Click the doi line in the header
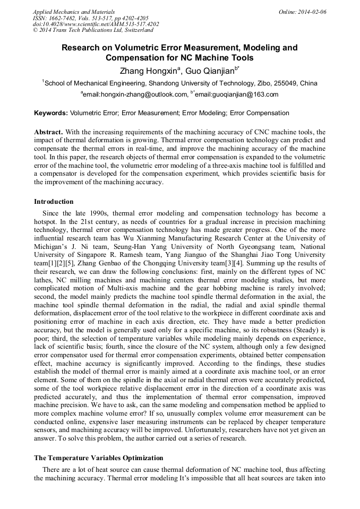coord(95,24)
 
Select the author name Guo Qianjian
coord(209,70)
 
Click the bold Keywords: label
coord(51,113)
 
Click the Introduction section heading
coord(54,202)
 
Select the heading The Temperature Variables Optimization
coord(98,458)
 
